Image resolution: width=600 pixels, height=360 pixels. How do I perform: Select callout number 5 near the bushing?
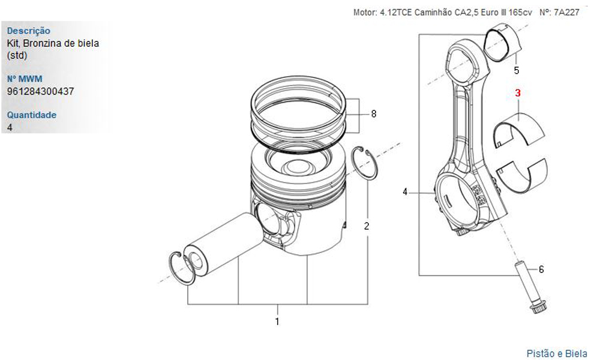[x=517, y=70]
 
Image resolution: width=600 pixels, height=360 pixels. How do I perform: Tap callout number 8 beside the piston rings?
[x=373, y=114]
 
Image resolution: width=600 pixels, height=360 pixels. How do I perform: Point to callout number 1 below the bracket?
[x=277, y=321]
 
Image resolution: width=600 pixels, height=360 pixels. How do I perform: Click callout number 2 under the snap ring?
[x=367, y=226]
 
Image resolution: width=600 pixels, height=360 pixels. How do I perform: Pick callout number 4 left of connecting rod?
[x=406, y=192]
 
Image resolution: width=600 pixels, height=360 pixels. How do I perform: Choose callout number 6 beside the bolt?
[x=541, y=269]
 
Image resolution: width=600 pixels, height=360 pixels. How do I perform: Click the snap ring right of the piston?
[x=364, y=162]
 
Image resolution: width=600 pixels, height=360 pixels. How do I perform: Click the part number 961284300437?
[x=41, y=91]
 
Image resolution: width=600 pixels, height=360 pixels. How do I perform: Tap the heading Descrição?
[x=28, y=31]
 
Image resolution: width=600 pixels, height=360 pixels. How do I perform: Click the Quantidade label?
[x=31, y=115]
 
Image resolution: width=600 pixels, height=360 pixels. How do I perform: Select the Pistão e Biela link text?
[x=556, y=353]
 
